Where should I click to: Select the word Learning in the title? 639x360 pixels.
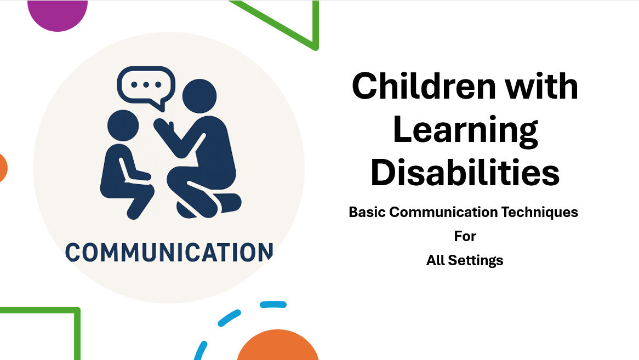click(465, 130)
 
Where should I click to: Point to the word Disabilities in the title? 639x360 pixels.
click(465, 172)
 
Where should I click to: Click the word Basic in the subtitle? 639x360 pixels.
click(367, 212)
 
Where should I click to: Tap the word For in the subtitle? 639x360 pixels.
click(465, 236)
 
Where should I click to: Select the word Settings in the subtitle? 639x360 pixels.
click(476, 260)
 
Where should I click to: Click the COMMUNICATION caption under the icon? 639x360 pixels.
click(169, 252)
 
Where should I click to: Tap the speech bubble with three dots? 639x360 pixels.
click(146, 86)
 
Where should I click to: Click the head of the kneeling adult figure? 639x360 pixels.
click(199, 97)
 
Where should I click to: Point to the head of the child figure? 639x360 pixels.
click(123, 126)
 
